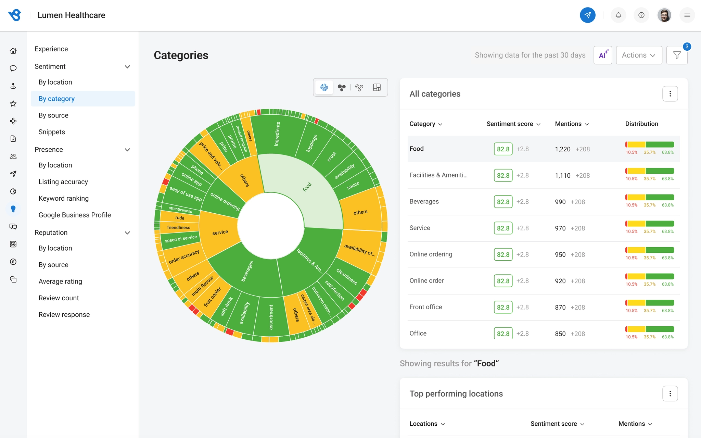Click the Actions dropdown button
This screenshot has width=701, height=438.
tap(639, 55)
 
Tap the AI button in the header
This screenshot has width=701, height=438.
tap(603, 55)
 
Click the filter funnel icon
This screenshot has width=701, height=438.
tap(677, 55)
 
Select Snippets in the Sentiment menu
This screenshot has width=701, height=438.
tap(52, 132)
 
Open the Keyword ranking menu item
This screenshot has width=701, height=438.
tap(64, 198)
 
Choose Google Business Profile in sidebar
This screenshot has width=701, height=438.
tap(75, 215)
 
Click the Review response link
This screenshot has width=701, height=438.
tap(64, 314)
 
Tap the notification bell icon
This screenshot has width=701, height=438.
tap(618, 15)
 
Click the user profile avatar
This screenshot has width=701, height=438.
tap(664, 15)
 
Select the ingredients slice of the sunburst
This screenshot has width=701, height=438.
tap(277, 134)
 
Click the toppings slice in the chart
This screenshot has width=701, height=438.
tap(312, 143)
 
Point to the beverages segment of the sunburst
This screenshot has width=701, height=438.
tap(247, 271)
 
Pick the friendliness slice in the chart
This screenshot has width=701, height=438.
tap(179, 227)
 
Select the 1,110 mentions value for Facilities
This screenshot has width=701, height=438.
tap(563, 175)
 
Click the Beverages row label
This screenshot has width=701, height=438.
tap(424, 201)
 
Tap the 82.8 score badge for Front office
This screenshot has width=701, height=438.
tap(503, 307)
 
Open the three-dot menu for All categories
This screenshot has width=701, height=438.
tap(670, 94)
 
